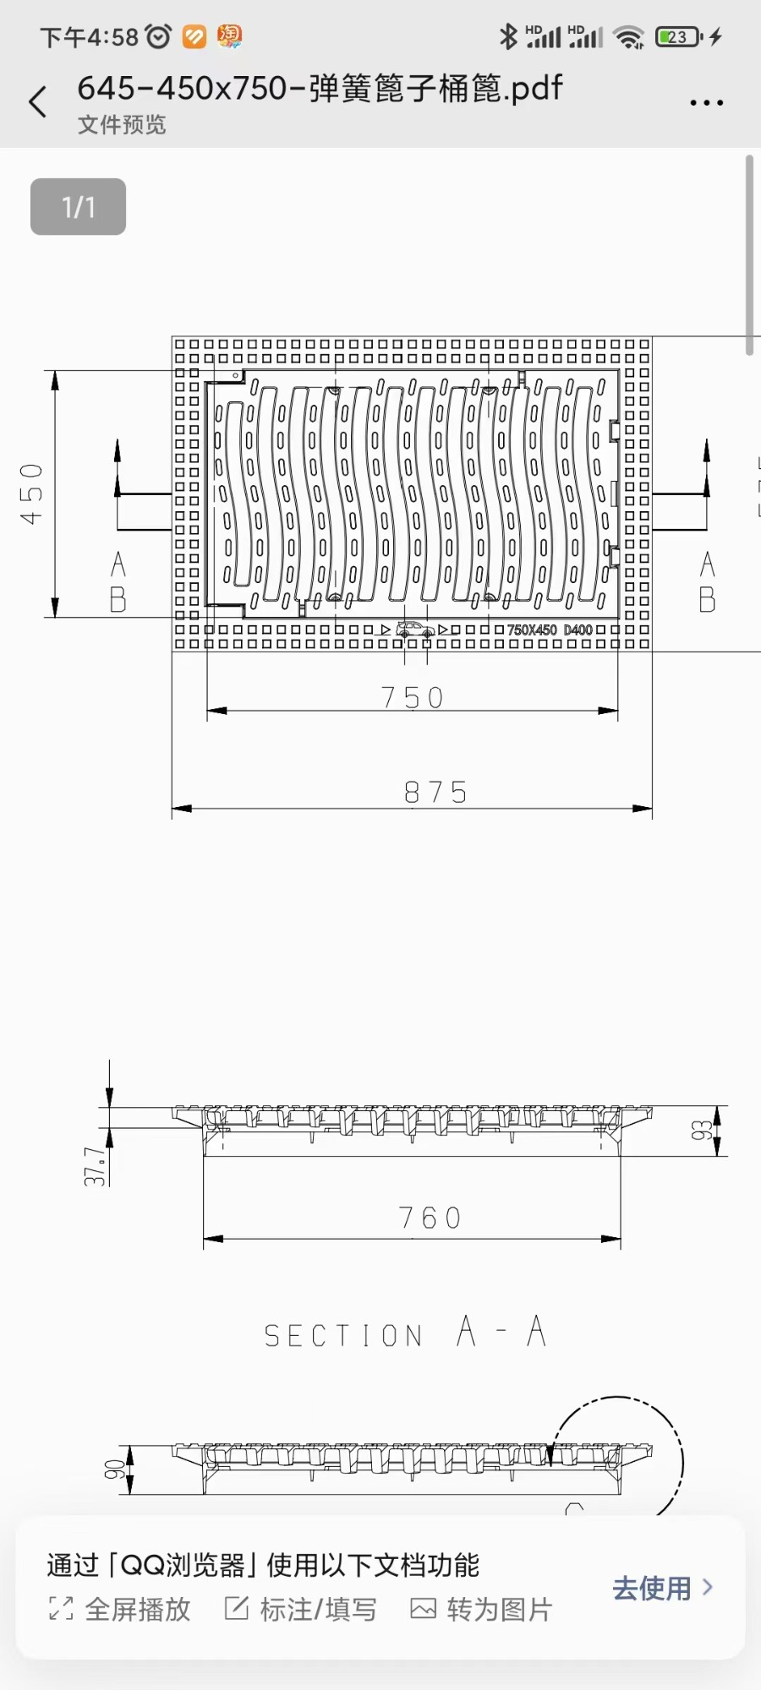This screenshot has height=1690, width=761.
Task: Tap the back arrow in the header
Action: click(38, 101)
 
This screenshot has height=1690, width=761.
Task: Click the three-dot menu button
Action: click(706, 103)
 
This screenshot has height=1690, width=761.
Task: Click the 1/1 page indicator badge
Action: click(78, 207)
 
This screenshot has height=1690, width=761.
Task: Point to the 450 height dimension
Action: click(31, 493)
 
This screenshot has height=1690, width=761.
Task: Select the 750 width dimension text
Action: click(412, 697)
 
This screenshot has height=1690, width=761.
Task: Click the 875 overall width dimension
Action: click(435, 792)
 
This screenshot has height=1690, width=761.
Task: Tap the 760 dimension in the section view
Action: click(430, 1218)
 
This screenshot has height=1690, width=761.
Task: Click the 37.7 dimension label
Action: click(96, 1166)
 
